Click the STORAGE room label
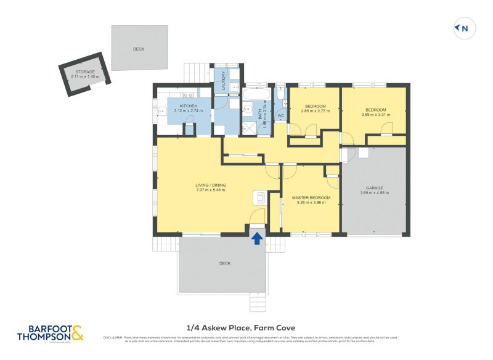click(x=85, y=72)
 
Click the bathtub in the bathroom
click(x=255, y=94)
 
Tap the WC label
click(x=280, y=115)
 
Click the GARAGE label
click(x=375, y=187)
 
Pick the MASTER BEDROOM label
click(x=311, y=197)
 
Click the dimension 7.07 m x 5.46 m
click(x=210, y=190)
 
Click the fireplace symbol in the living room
click(x=259, y=198)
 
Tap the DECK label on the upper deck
click(x=139, y=49)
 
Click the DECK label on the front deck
click(x=224, y=263)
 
